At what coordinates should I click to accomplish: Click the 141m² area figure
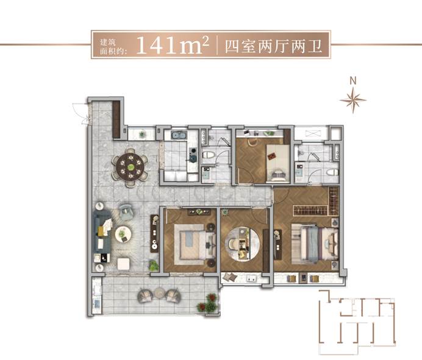(173, 45)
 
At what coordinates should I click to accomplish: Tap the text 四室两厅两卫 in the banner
(273, 46)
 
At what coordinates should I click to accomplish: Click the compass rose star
(353, 101)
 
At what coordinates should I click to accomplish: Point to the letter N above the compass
(353, 80)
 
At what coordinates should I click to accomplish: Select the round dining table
(130, 167)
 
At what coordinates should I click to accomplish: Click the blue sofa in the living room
(102, 231)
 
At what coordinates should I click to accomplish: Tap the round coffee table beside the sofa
(123, 234)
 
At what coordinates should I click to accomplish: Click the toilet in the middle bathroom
(209, 155)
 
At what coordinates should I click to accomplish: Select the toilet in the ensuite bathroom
(332, 172)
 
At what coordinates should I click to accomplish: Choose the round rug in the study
(243, 244)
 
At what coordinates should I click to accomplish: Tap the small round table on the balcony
(160, 293)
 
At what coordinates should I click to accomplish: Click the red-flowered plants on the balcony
(207, 303)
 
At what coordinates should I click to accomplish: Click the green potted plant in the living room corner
(154, 266)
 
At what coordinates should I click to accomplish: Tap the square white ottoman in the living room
(124, 264)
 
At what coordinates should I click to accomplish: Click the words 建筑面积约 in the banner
(113, 46)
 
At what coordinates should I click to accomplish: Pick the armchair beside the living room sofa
(126, 211)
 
